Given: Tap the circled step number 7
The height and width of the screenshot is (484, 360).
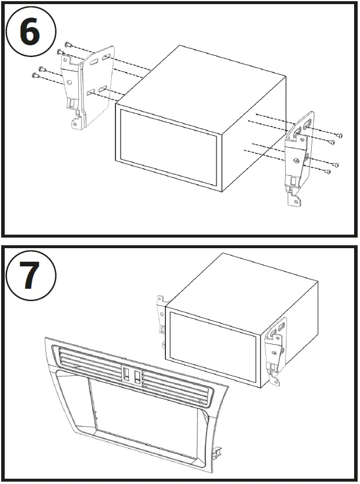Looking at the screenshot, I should point(30,276).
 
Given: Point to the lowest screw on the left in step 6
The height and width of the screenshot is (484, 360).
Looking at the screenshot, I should point(35,75).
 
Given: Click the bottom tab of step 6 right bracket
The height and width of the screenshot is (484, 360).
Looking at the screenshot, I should point(294,201).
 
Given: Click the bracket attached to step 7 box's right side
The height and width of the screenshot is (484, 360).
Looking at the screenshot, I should point(275,350).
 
